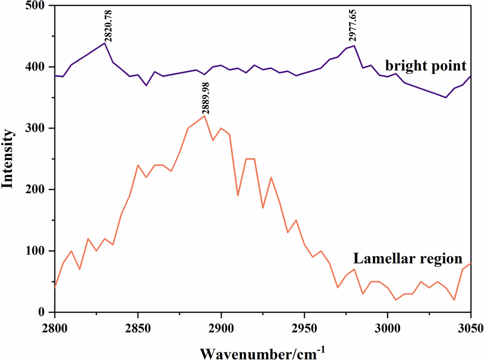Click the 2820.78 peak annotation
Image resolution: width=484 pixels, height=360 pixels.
click(105, 25)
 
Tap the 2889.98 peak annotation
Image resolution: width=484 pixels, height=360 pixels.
click(205, 99)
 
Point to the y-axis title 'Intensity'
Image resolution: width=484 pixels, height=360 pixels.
click(8, 159)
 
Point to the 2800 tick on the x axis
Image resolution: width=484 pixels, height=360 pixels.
click(55, 326)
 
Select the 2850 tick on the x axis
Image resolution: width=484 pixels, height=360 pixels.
click(138, 326)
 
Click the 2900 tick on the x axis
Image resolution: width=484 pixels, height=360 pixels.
click(221, 326)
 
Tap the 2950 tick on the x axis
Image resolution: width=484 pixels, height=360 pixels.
click(304, 326)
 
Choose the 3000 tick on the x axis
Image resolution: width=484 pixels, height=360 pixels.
click(388, 326)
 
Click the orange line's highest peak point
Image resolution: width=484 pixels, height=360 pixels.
click(204, 116)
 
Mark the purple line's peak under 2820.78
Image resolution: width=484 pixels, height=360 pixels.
click(104, 43)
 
